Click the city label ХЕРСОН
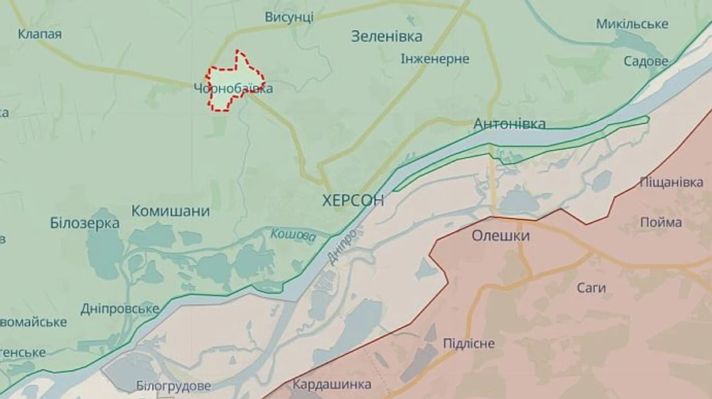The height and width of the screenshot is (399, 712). click(x=354, y=201)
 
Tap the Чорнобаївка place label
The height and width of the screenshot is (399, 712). click(x=233, y=88)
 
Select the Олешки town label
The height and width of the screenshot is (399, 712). click(x=501, y=235)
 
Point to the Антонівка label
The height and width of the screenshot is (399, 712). click(x=509, y=124)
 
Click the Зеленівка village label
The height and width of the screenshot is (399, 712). click(x=387, y=36)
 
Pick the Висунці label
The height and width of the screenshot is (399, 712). click(x=289, y=17)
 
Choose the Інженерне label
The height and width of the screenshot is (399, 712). click(x=435, y=59)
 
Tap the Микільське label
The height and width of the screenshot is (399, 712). click(x=632, y=24)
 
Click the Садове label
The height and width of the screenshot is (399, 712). click(x=646, y=61)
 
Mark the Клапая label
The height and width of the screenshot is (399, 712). click(x=40, y=34)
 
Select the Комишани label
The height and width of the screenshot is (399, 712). click(x=170, y=211)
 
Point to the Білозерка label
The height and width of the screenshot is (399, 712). click(x=85, y=223)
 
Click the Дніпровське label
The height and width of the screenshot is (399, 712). click(x=119, y=308)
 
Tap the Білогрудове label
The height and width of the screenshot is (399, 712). click(x=173, y=386)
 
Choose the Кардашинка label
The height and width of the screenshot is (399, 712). click(x=331, y=385)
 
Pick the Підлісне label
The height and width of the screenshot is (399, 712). click(x=469, y=343)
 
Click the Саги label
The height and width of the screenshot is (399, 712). click(x=591, y=288)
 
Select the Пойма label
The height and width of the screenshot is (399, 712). click(x=661, y=223)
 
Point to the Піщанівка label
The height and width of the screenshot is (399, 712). click(x=671, y=183)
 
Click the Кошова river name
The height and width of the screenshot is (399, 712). click(x=293, y=235)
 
